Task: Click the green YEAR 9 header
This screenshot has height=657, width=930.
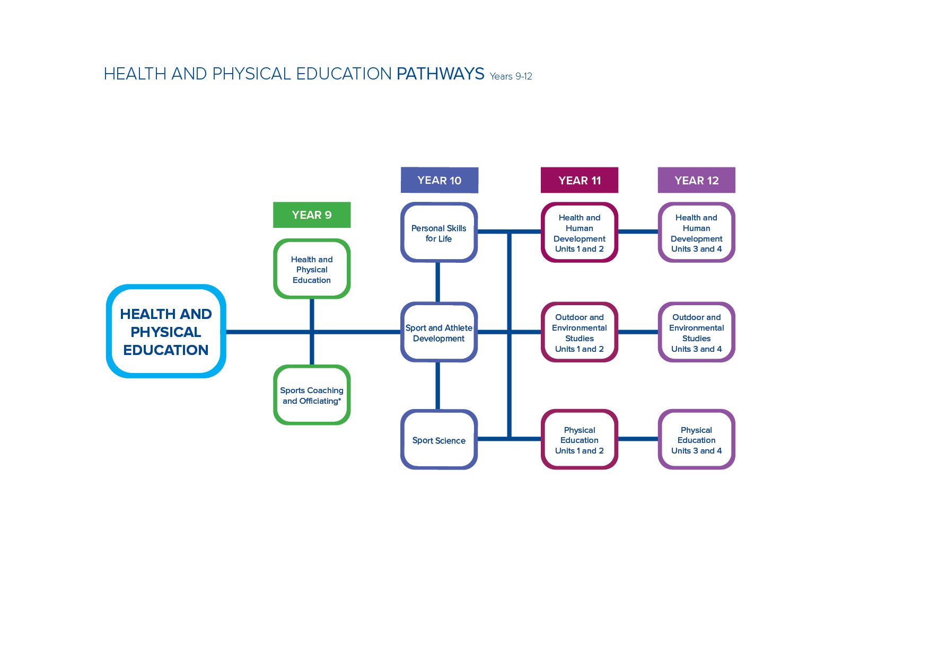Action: (312, 215)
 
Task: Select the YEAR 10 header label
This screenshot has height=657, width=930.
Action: (440, 180)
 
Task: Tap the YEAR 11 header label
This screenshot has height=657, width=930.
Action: (580, 180)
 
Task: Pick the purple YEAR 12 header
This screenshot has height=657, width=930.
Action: (697, 180)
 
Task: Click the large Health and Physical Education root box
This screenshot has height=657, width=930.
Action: (166, 331)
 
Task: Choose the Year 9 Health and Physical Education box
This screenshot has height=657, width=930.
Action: (312, 269)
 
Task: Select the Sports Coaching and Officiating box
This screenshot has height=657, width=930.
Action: (312, 395)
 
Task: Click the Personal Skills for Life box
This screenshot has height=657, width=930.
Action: (439, 233)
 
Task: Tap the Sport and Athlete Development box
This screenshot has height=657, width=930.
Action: (439, 332)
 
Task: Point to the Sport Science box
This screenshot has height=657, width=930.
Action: (439, 440)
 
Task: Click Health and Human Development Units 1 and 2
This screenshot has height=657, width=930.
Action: (580, 233)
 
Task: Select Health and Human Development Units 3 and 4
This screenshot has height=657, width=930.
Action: (697, 233)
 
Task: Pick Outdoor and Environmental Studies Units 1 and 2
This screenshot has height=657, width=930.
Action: (580, 332)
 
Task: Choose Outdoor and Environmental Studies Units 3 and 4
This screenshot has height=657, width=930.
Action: (697, 332)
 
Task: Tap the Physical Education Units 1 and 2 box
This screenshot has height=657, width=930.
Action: (580, 440)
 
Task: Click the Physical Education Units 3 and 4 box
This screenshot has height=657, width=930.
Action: (697, 440)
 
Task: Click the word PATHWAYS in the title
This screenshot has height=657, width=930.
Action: (441, 74)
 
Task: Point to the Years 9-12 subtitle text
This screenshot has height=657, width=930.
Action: (511, 76)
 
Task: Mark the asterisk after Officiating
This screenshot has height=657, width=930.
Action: (339, 399)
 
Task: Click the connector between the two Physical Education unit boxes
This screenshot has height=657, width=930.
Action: (638, 439)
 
